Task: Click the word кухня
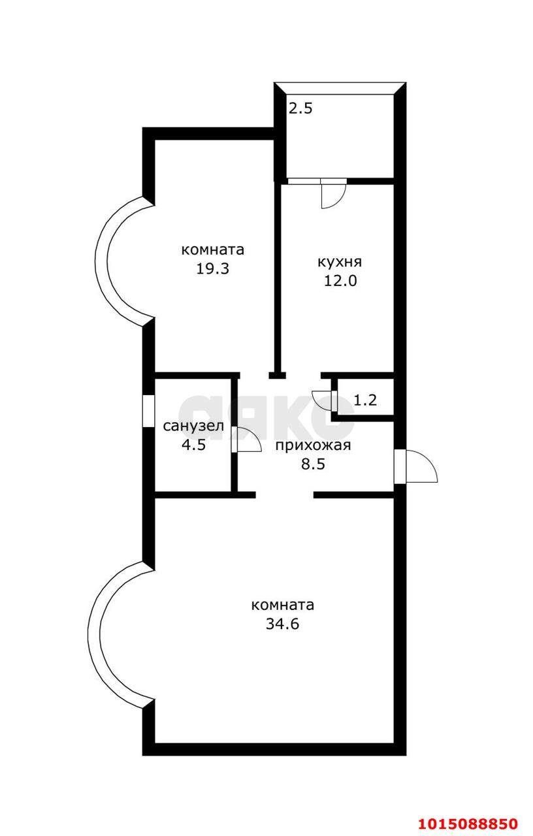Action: tap(339, 262)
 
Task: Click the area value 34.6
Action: tap(282, 624)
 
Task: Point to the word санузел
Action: tap(193, 426)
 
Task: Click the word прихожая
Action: tap(313, 446)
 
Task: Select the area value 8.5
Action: tap(313, 465)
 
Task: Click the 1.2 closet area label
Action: tap(365, 400)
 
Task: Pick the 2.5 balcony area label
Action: tap(301, 108)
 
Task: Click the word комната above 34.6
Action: tap(282, 605)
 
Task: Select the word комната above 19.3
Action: tap(212, 249)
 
